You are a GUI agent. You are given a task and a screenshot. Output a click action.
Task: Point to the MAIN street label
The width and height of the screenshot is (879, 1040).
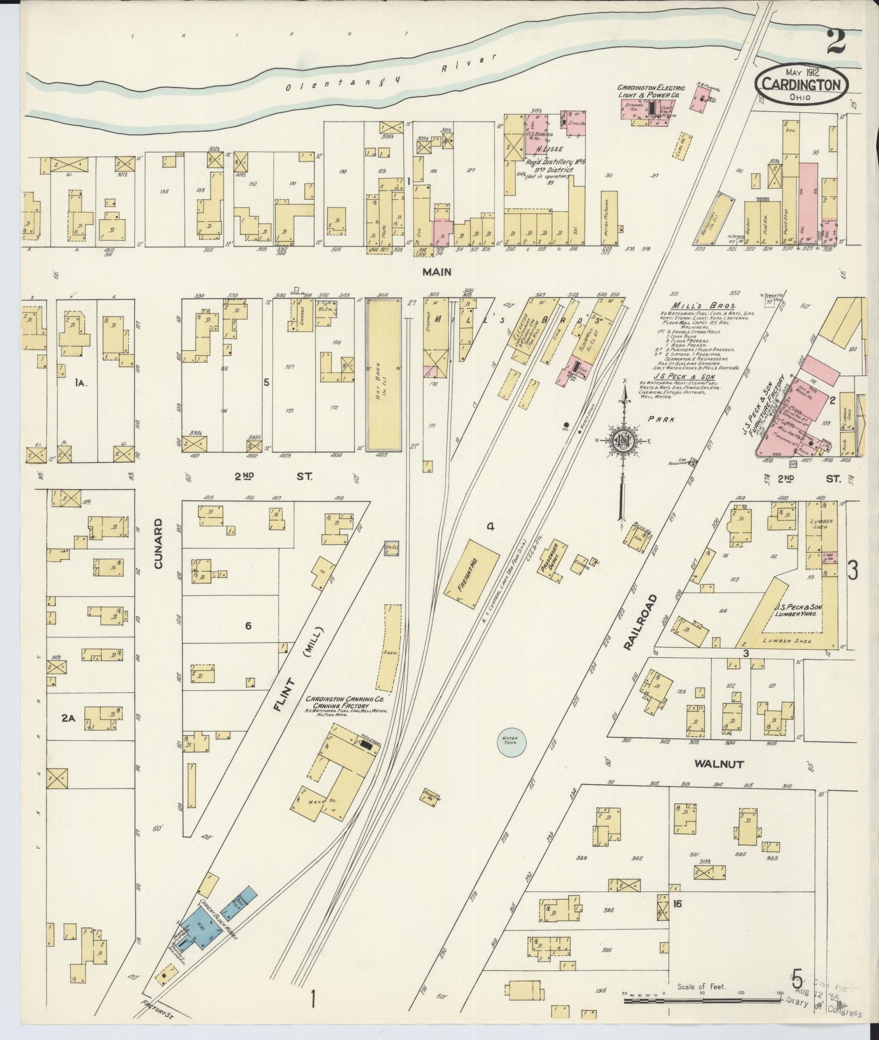(437, 273)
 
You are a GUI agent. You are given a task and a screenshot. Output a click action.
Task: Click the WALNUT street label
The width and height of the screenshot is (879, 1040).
(719, 764)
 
